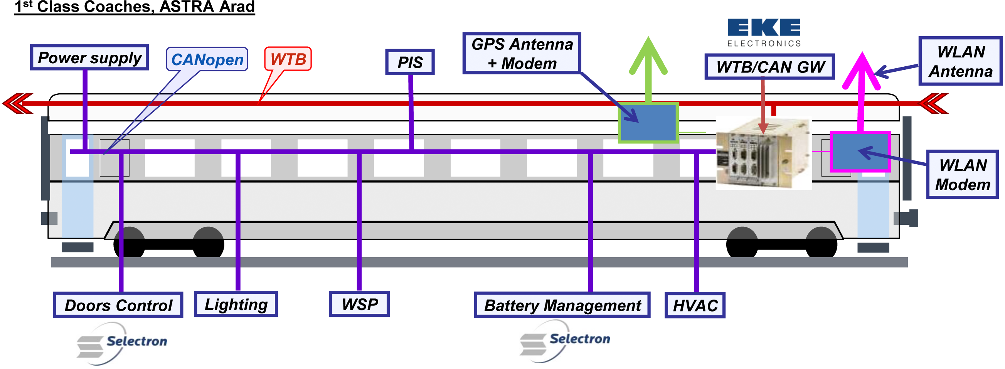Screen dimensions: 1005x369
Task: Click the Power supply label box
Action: pos(89,57)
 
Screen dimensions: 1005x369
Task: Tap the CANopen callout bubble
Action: pos(207,59)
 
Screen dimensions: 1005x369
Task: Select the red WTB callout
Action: pos(288,59)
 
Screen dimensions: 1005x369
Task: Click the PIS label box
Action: pos(410,62)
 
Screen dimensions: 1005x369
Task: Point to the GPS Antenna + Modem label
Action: pos(522,54)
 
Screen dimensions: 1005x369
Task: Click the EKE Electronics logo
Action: pos(764,33)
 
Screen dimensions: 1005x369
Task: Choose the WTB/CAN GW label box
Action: pos(769,67)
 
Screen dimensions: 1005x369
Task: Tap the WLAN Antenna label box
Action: pos(960,61)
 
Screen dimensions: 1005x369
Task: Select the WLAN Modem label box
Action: pos(962,174)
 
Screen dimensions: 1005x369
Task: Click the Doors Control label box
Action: pos(118,305)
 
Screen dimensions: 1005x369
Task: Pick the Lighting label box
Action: pos(236,304)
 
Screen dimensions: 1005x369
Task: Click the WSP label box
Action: pos(359,304)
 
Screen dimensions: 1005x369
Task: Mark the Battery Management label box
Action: pos(562,305)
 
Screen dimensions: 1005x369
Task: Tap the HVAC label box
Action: pos(695,305)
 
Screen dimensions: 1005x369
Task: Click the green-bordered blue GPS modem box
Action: pos(648,123)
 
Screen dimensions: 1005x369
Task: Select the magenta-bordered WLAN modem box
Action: pos(860,152)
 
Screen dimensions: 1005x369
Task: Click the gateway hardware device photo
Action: pos(764,153)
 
